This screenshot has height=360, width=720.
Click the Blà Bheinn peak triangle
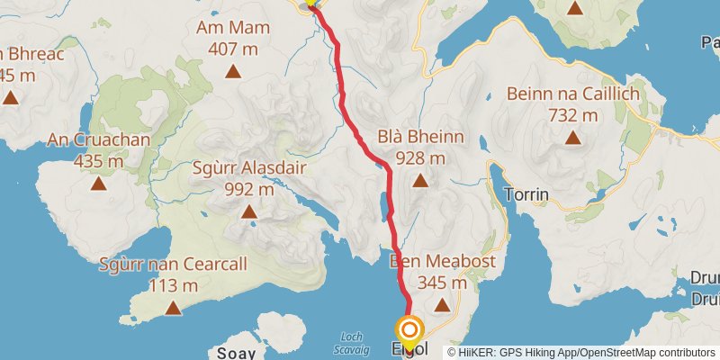pyautogui.click(x=420, y=181)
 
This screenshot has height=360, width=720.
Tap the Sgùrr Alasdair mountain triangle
pyautogui.click(x=248, y=212)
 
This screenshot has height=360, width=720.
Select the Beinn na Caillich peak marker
pyautogui.click(x=572, y=138)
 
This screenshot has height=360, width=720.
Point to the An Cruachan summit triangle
pyautogui.click(x=98, y=184)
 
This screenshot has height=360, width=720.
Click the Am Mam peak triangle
pyautogui.click(x=233, y=70)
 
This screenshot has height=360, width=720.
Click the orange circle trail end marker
pyautogui.click(x=410, y=331)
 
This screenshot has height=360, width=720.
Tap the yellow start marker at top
pyautogui.click(x=311, y=3)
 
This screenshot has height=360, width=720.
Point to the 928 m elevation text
pyautogui.click(x=420, y=157)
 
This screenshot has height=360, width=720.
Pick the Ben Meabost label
pyautogui.click(x=428, y=261)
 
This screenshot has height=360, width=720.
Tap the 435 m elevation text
pyautogui.click(x=98, y=161)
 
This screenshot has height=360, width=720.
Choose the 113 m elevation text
pyautogui.click(x=174, y=285)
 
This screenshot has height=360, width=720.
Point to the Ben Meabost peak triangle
pyautogui.click(x=442, y=305)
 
